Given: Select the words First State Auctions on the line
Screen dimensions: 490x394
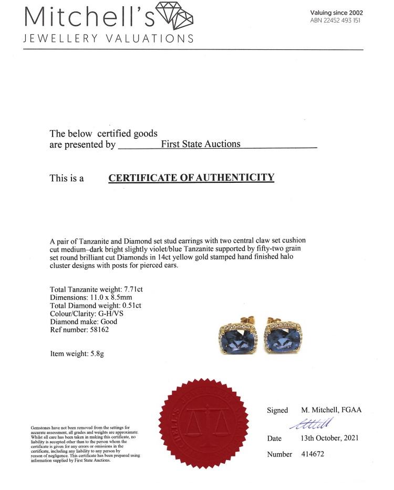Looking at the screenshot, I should click(x=201, y=144).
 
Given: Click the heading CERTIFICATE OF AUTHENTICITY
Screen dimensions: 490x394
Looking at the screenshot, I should click(x=191, y=178).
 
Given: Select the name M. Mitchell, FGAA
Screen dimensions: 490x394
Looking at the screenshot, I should click(x=331, y=410).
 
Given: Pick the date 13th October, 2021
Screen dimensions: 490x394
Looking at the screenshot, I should click(x=330, y=438).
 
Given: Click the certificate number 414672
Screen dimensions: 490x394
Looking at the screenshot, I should click(x=313, y=454).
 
